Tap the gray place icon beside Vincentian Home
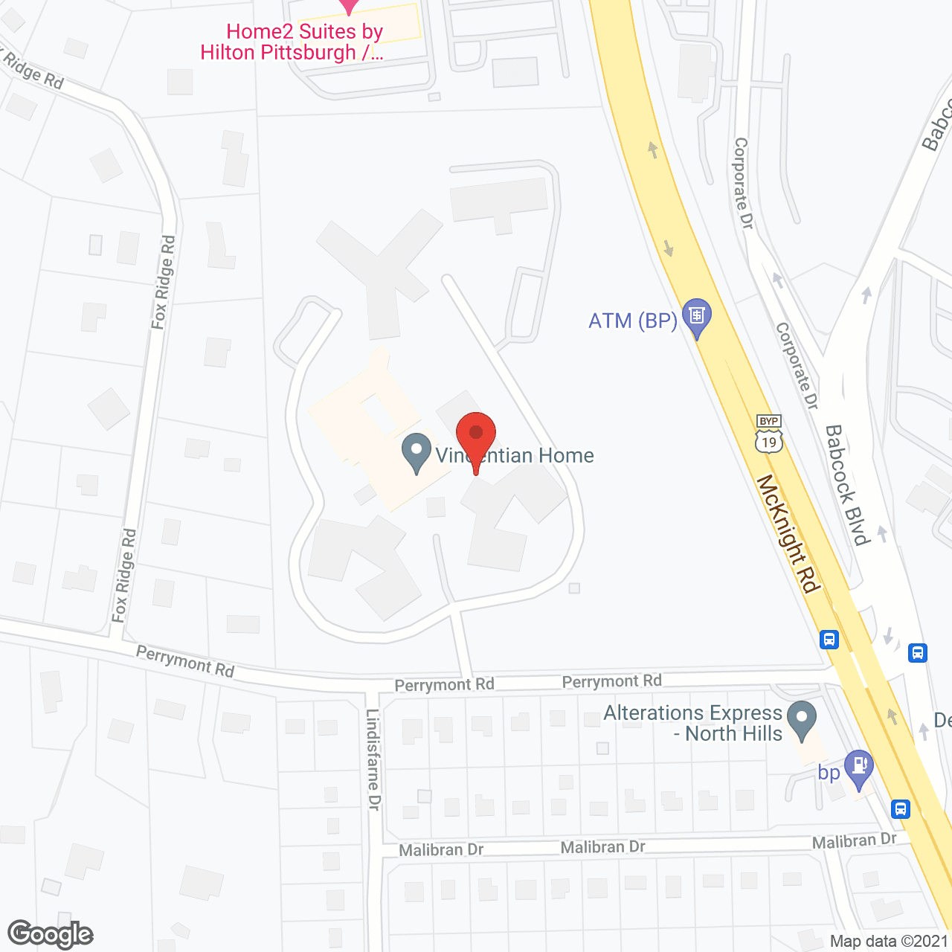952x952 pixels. point(416,451)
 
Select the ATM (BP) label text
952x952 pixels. point(633,321)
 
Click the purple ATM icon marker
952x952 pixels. point(697,317)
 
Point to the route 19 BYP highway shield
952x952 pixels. point(769,434)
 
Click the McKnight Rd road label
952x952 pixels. point(788,534)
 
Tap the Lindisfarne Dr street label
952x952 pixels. point(373,759)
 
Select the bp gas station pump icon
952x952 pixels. point(859,767)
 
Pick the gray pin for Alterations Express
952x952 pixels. point(802,719)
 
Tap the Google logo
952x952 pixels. point(51,934)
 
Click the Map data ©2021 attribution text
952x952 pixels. point(889,942)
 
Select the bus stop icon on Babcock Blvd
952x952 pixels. point(918,653)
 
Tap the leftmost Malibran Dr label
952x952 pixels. point(441,849)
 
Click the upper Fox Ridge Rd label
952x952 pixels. point(164,283)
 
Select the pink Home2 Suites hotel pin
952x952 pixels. point(349,6)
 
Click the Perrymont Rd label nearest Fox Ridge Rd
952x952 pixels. point(185,661)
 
